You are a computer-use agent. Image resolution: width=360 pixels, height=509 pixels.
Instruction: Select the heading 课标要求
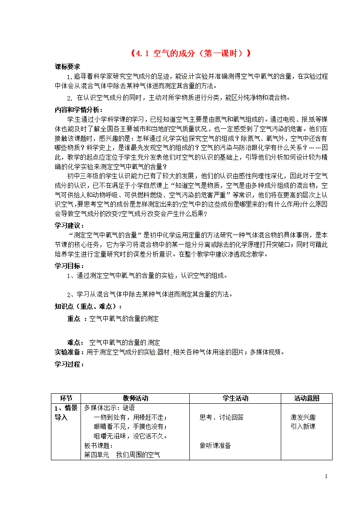click(67, 67)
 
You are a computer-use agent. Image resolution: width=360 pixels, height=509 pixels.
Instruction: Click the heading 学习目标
click(70, 266)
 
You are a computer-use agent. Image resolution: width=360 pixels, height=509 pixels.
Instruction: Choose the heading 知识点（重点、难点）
click(88, 306)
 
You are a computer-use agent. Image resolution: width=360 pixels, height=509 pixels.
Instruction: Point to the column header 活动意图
click(306, 398)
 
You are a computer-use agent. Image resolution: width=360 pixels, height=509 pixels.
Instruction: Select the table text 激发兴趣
click(303, 417)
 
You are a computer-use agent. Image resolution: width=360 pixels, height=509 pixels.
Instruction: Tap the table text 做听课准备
click(215, 445)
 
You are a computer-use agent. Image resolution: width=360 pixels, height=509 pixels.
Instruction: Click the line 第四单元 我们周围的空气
click(122, 455)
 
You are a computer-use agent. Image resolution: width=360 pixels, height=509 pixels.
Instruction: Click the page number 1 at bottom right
click(326, 477)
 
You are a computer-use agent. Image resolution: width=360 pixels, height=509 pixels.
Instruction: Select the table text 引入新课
click(303, 426)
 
